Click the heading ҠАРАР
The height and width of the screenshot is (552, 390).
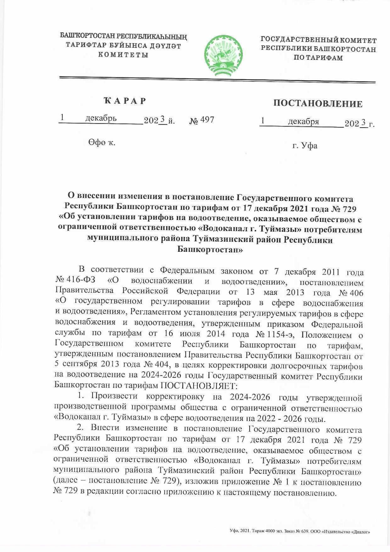point(124,101)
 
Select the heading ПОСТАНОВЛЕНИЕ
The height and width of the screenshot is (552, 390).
point(318,104)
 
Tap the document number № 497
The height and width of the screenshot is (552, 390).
point(202,120)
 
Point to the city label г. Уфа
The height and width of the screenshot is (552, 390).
point(305,146)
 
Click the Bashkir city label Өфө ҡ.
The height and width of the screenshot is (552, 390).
point(101,142)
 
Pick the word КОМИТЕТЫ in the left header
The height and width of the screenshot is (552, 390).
point(123,55)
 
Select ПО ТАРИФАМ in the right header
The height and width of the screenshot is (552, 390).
point(318,58)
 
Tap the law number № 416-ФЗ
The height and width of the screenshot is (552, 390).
point(75,280)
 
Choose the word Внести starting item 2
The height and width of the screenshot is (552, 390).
point(105,428)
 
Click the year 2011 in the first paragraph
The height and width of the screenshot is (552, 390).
point(331,272)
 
